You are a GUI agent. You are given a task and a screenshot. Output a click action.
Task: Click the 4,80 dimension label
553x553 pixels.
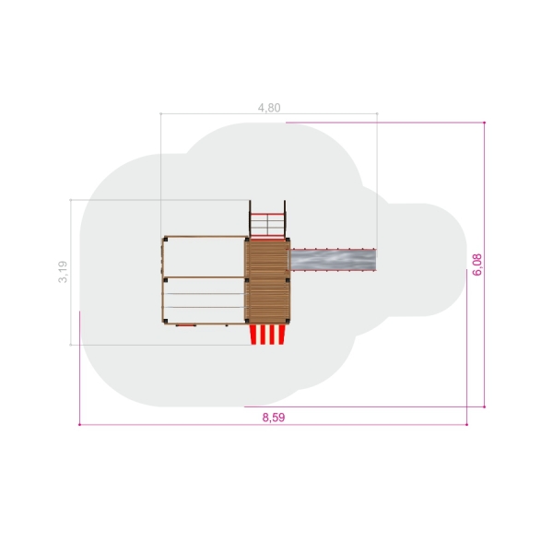(x=269, y=108)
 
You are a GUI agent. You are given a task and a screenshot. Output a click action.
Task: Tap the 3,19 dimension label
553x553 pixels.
(x=63, y=272)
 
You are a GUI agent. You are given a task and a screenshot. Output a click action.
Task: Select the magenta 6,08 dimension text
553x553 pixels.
(x=477, y=265)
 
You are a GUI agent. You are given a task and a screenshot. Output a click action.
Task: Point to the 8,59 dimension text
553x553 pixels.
(x=274, y=418)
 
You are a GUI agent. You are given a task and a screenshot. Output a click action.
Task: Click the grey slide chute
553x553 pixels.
(x=333, y=260)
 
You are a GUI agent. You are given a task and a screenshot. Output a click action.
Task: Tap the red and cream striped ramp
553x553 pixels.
(x=267, y=335)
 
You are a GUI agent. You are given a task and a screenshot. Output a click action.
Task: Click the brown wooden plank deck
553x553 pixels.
(x=267, y=281)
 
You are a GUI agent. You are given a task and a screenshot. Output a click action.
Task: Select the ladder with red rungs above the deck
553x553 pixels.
(x=267, y=219)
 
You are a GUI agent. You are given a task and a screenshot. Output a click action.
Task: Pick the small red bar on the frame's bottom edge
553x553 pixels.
(x=186, y=324)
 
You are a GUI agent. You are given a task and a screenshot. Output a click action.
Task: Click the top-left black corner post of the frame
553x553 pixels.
(x=165, y=240)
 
